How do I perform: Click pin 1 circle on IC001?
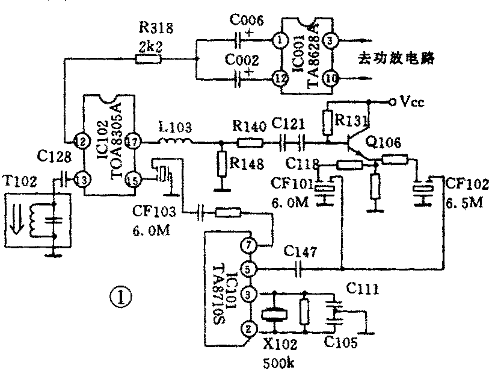pos(280,41)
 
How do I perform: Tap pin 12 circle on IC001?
pos(280,78)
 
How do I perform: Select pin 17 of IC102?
pos(134,142)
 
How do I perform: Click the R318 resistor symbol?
pos(148,59)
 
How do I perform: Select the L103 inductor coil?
pos(175,142)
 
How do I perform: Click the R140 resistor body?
pos(250,143)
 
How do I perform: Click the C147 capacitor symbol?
pos(298,269)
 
